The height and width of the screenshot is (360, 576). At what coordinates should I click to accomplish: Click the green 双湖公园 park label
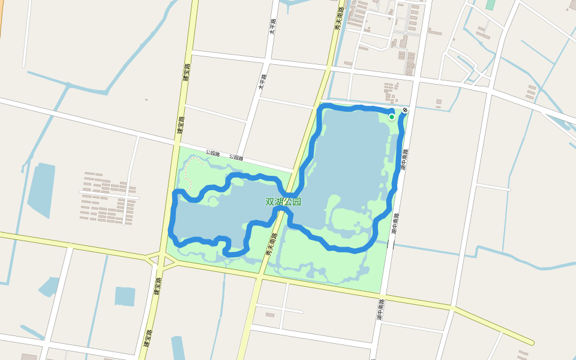[x=283, y=202]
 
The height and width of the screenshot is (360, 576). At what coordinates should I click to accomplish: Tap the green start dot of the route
[x=392, y=116]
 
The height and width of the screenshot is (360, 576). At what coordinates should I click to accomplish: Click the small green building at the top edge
[x=490, y=4]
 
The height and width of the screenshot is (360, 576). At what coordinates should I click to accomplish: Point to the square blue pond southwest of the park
[x=125, y=296]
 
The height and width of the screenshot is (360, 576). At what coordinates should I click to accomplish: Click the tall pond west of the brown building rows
[x=41, y=188]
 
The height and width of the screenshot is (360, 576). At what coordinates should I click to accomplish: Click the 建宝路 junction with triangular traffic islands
[x=161, y=260]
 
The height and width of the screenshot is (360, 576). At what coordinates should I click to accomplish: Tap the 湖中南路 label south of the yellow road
[x=380, y=310]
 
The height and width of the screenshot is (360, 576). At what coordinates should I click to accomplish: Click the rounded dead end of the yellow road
[x=531, y=342]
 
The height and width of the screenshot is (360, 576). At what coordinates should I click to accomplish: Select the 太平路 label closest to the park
[x=262, y=81]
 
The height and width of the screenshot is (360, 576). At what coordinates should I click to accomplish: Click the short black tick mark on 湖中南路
[x=394, y=243]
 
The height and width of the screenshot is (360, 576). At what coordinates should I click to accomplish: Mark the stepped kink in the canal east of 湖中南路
[x=466, y=252]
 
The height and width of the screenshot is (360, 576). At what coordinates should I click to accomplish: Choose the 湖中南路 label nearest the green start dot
[x=404, y=160]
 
